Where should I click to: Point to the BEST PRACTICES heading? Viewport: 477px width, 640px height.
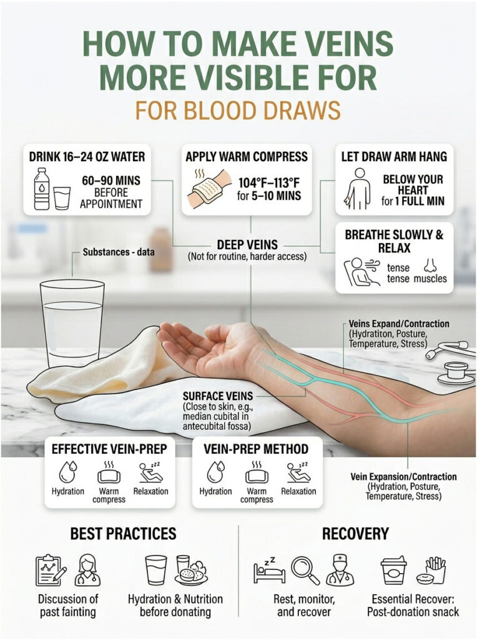123,533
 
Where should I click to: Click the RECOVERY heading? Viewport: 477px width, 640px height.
355,534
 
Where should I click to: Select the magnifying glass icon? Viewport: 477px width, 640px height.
305,570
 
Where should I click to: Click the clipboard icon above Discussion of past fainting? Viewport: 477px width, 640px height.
49,570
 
